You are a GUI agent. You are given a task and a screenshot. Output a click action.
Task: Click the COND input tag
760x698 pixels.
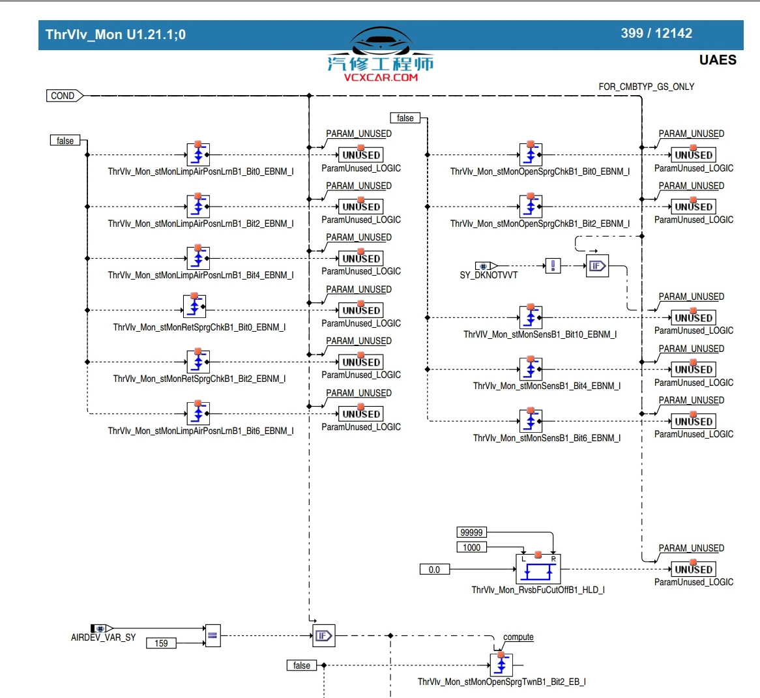point(64,96)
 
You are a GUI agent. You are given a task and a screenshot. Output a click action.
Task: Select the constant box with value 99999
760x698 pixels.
point(471,532)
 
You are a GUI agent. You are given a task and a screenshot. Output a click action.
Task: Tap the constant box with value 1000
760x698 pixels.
point(471,547)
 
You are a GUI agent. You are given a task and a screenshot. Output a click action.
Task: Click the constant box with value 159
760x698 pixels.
point(161,643)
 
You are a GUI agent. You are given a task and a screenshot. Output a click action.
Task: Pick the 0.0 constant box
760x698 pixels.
point(434,570)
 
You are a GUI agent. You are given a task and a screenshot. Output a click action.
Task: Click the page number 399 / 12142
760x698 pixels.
point(656,33)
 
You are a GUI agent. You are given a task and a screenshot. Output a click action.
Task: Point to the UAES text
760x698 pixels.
point(717,60)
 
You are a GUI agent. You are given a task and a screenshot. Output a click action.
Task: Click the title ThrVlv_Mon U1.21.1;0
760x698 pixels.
point(115,35)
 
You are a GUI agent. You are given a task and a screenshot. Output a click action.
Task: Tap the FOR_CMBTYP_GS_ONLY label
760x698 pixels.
point(646,87)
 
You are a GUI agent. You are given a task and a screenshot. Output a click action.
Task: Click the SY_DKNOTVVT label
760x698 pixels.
point(488,275)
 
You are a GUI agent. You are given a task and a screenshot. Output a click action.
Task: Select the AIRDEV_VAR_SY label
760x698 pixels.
point(103,637)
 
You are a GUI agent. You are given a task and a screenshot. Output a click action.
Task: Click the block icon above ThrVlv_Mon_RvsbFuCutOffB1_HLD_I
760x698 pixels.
point(538,568)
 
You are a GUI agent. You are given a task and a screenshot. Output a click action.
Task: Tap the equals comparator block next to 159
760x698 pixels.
point(212,635)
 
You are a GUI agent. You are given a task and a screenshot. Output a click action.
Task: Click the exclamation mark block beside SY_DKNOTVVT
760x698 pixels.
point(553,266)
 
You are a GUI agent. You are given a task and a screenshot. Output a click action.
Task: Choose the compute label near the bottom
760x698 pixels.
point(518,637)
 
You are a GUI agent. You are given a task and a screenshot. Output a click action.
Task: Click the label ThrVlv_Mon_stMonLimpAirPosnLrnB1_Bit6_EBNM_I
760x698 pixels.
point(200,431)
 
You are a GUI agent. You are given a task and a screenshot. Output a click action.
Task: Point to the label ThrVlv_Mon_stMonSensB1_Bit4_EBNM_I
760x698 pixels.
point(546,386)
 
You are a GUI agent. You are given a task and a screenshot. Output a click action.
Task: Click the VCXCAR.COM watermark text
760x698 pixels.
point(381,78)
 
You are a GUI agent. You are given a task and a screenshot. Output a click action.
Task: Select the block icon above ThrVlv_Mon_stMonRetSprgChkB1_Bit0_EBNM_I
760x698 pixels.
point(194,305)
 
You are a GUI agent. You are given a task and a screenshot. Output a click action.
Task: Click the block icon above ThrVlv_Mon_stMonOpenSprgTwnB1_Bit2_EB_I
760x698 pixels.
point(501,665)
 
